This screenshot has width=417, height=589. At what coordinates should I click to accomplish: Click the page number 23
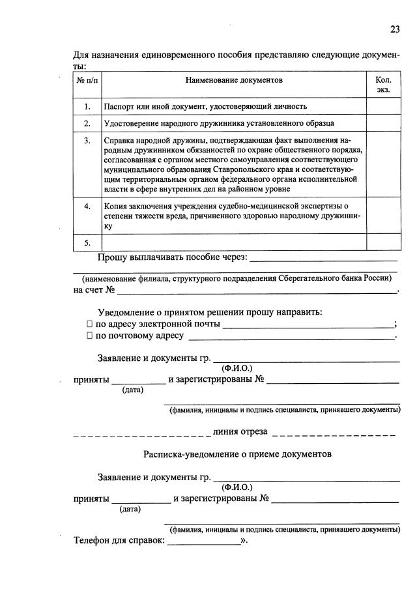[395, 29]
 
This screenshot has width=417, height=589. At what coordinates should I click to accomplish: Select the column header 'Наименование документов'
[234, 80]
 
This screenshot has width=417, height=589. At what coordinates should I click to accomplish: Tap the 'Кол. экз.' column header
[383, 85]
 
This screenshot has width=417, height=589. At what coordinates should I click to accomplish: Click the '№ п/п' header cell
[87, 80]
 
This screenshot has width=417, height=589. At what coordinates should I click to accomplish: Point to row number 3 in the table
[87, 140]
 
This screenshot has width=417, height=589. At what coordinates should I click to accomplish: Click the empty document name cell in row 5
[233, 242]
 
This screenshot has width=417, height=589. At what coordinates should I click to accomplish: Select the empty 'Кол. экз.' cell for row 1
[383, 106]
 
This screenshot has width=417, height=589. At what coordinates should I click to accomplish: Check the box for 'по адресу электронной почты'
[90, 324]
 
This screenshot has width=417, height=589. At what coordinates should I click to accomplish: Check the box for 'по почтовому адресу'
[90, 336]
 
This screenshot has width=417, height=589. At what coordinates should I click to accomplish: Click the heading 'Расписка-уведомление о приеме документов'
[237, 453]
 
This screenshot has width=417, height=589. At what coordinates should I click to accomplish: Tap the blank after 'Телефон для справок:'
[203, 541]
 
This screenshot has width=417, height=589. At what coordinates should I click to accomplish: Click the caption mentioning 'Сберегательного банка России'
[237, 278]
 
